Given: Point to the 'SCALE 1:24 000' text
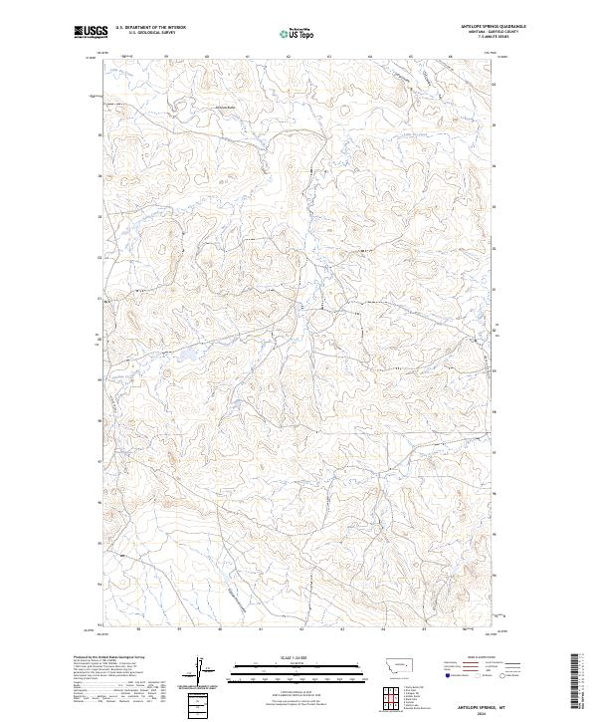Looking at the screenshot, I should click(x=298, y=657).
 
